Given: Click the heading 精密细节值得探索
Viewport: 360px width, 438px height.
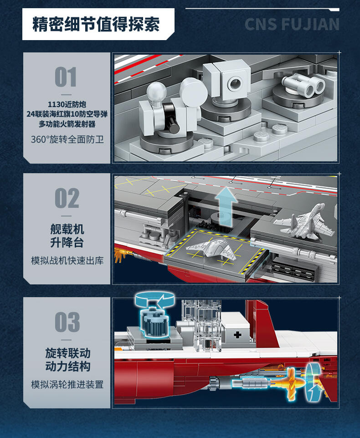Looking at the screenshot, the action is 96,24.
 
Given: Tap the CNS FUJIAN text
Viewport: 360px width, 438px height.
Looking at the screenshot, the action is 292,24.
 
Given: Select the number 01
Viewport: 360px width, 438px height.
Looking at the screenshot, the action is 66,77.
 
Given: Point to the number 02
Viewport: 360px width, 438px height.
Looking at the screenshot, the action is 67,198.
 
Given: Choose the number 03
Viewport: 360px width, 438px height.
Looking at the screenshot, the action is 67,322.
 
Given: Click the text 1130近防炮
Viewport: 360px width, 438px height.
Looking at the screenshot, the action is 67,104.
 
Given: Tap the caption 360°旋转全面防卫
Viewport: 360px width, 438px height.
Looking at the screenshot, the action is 67,139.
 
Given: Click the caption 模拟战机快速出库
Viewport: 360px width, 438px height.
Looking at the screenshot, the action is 67,261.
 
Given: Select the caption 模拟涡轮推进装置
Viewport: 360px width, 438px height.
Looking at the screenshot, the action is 67,385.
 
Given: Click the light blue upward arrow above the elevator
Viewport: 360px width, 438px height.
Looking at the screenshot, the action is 226,206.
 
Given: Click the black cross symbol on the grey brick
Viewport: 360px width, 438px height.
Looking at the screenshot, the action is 237,335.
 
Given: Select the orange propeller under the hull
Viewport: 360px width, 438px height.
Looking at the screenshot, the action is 291,383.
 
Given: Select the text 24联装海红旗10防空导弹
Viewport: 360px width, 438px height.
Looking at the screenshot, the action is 67,114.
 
